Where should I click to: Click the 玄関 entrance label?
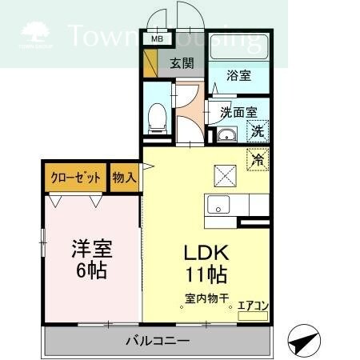click(x=182, y=64)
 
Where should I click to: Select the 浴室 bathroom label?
click(x=238, y=76)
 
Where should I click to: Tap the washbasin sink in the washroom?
click(x=227, y=133)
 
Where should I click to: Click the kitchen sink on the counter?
click(x=218, y=205)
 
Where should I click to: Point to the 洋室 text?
click(x=91, y=248)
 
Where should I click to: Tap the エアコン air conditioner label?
click(x=253, y=306)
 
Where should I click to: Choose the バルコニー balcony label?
click(x=158, y=342)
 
